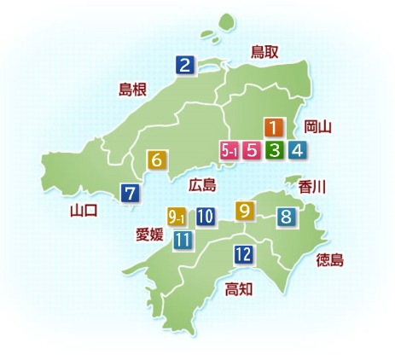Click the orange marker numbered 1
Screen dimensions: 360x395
[x=273, y=129]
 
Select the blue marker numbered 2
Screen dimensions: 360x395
[x=184, y=63]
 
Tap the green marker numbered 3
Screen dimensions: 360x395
[x=275, y=151]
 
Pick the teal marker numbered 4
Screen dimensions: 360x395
[x=297, y=151]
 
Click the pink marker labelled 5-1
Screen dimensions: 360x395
[x=229, y=151]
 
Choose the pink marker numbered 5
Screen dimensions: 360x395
[x=252, y=151]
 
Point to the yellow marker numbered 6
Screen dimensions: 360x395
[x=157, y=160]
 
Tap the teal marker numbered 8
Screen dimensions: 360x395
[x=287, y=217]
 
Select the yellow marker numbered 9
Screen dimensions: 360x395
[x=245, y=210]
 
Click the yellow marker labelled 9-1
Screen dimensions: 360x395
[x=177, y=217]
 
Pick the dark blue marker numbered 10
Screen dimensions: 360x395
[x=205, y=217]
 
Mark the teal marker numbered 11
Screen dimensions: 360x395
[x=182, y=240]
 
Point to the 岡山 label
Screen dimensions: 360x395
[x=317, y=128]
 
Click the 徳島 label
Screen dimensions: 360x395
[x=329, y=259]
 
